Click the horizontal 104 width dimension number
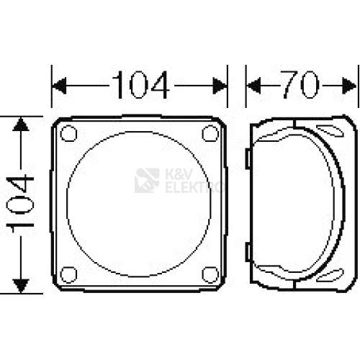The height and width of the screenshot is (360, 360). point(141,85)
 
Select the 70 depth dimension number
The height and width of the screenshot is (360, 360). point(300,85)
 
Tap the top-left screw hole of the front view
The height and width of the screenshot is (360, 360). point(68,133)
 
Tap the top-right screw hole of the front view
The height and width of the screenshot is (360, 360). point(210,133)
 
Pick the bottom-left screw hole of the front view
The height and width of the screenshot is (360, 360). point(68,274)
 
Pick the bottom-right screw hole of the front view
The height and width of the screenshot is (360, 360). point(210,274)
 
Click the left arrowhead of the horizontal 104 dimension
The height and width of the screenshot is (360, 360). point(59,86)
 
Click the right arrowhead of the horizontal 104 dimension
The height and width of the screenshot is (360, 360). point(220,86)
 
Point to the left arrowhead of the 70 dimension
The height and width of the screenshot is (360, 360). point(253,86)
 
